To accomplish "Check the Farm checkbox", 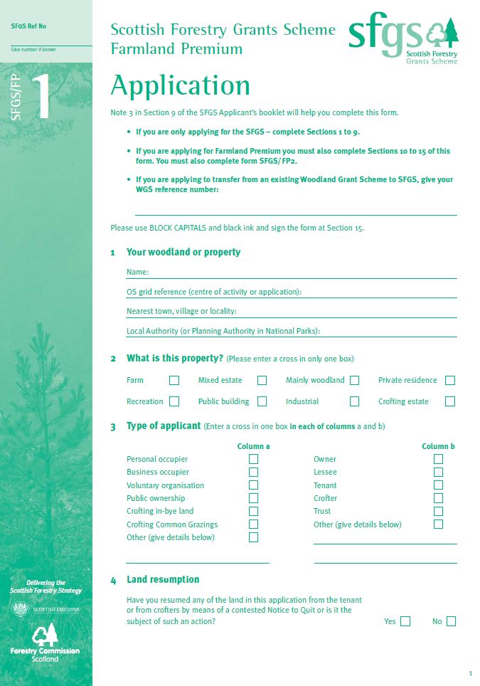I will [174, 381].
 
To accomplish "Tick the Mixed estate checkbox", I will [262, 381].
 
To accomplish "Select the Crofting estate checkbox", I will [449, 401].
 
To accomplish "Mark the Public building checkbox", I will [262, 401].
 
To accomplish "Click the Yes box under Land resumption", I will [405, 621].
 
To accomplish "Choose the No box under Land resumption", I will [450, 621].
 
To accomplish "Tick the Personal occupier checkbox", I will [253, 459].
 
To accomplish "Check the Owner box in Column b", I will [438, 459].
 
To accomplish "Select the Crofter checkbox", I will [438, 498].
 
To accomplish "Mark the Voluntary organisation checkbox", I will [253, 485].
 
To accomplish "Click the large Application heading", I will [181, 86].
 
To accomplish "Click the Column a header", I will [253, 446].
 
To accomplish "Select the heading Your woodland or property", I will [183, 252].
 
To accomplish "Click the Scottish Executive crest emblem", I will [19, 610].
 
